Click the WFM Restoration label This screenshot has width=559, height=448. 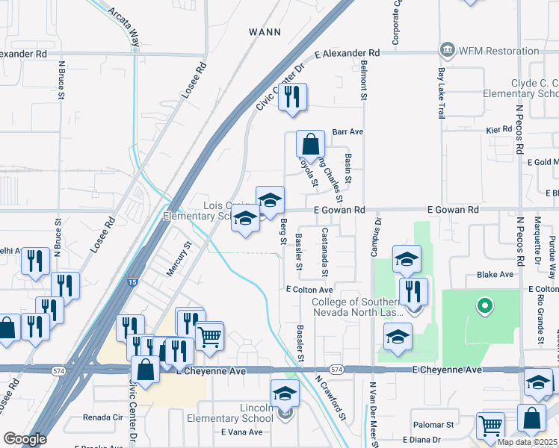click(x=498, y=51)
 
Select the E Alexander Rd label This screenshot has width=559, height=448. click(x=347, y=54)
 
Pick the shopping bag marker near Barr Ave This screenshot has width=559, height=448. click(x=310, y=145)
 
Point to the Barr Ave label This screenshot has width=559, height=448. click(x=348, y=131)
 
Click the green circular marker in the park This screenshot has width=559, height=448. click(x=484, y=305)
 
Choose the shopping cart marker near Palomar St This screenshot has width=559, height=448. click(x=490, y=426)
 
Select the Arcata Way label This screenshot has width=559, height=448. click(x=124, y=28)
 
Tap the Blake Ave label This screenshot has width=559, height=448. click(x=494, y=275)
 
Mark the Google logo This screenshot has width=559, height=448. click(x=25, y=439)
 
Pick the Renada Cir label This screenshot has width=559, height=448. click(x=103, y=417)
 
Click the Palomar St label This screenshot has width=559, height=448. click(x=439, y=424)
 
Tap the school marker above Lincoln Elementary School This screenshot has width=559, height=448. click(x=285, y=393)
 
